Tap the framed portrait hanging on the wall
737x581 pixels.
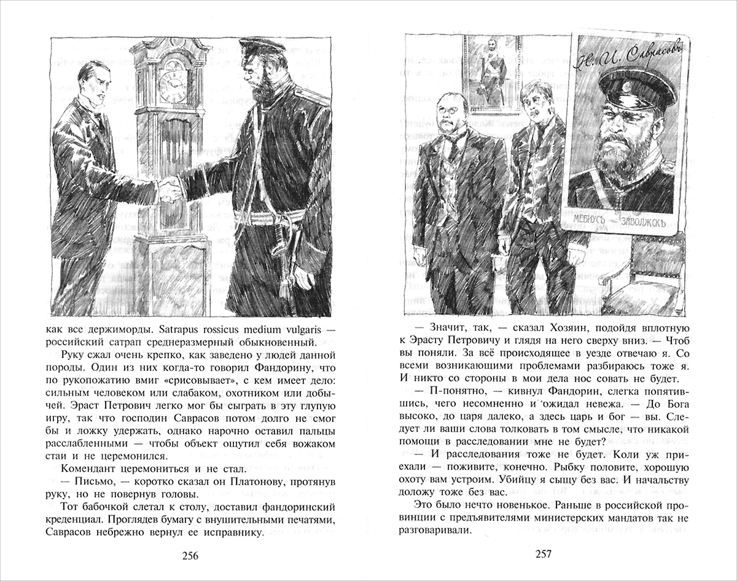[x=490, y=71]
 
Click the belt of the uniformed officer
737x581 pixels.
[x=270, y=216]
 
